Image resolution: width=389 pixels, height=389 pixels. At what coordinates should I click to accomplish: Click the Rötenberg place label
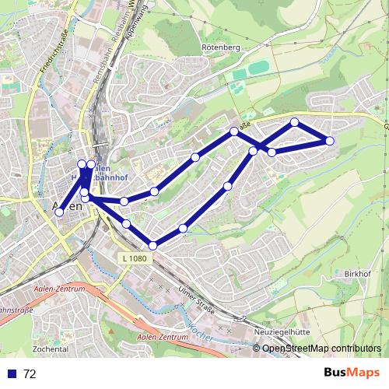coord(222,47)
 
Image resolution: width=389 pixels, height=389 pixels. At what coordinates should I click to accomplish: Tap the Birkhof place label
coord(359,274)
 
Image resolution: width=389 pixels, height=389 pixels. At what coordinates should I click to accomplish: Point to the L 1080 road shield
coord(133,258)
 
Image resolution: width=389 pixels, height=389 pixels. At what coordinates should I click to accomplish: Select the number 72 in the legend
coord(30,373)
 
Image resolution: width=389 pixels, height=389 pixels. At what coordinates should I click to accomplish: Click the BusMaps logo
coord(350,373)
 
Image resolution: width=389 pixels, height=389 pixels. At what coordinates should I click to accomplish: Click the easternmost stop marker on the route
coord(329,141)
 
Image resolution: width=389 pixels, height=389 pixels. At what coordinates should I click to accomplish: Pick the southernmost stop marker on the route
coord(152,246)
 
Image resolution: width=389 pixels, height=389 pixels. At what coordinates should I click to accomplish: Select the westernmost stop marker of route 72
coord(59,212)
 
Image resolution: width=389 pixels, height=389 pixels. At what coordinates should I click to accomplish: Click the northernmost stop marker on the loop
coord(295,122)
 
